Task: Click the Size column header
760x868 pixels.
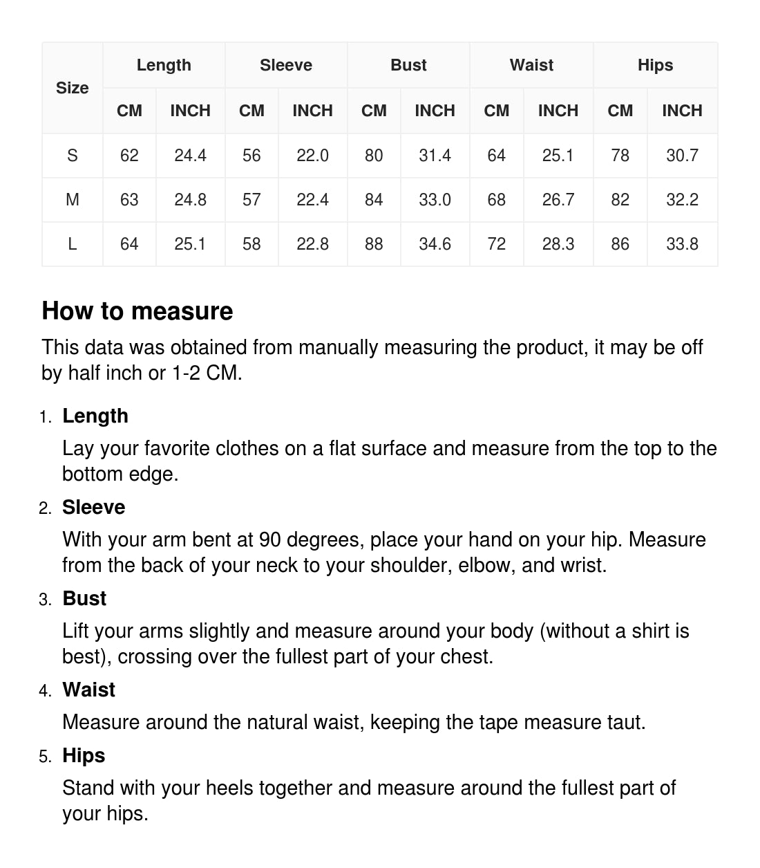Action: [x=72, y=88]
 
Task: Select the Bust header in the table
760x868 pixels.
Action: [x=408, y=65]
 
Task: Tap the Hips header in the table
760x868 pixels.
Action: [x=655, y=65]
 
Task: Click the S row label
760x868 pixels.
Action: [x=72, y=156]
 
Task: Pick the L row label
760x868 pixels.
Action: [x=72, y=244]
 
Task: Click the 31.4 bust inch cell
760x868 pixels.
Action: [x=435, y=156]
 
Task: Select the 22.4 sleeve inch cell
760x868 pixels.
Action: [x=312, y=200]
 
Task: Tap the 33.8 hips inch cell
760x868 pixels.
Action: [x=682, y=244]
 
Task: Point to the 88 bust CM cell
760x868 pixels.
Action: [x=374, y=244]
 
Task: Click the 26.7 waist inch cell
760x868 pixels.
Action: [x=558, y=200]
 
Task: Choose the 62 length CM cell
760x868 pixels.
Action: [x=129, y=156]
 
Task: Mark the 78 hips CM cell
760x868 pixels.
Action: [x=620, y=156]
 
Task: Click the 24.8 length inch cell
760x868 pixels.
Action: [x=190, y=200]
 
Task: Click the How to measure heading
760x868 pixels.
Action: [x=137, y=311]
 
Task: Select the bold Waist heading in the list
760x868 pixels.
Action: [x=88, y=690]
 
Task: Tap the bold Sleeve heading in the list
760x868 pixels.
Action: [x=93, y=507]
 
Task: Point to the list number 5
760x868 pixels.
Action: [x=45, y=757]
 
